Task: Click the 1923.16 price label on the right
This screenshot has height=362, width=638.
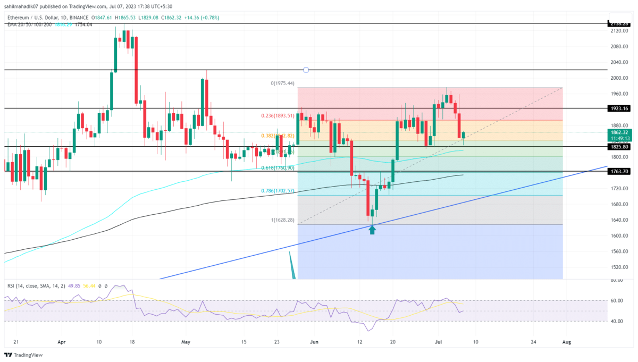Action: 619,108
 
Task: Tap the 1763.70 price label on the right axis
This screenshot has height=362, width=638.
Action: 619,172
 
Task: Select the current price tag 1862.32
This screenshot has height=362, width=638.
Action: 619,132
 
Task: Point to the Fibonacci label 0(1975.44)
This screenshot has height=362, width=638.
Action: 283,84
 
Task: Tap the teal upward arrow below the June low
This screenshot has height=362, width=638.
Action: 372,230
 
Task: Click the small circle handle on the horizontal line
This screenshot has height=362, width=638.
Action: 306,70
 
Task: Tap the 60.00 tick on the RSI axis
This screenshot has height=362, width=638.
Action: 616,301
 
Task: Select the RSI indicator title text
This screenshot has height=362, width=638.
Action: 32,285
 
